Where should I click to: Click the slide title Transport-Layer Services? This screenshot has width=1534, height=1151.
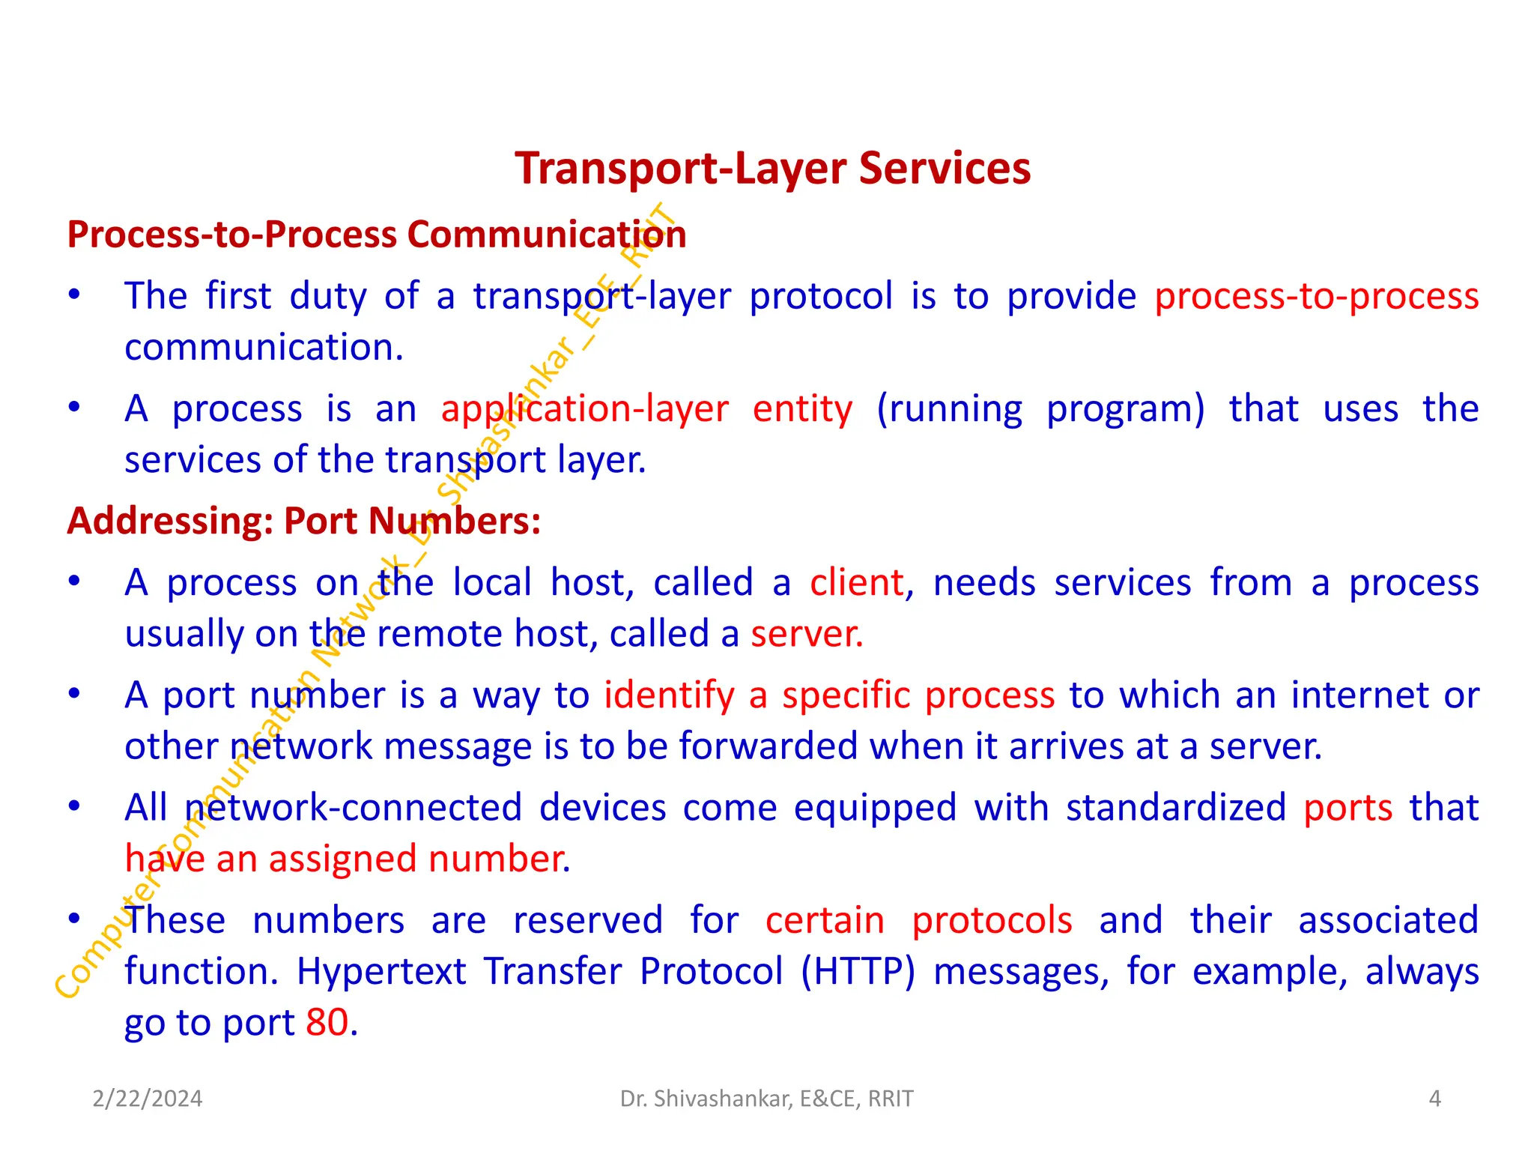tap(772, 169)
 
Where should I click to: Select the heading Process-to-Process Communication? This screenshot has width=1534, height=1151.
tap(377, 235)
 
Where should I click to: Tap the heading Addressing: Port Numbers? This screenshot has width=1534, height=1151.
tap(303, 521)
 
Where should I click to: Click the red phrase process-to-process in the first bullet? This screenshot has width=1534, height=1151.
tap(1316, 297)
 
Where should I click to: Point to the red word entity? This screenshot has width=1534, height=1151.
tap(802, 409)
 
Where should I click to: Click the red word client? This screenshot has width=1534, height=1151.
tap(856, 583)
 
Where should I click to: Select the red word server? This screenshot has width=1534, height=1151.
tap(807, 634)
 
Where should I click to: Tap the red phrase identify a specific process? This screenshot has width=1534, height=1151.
tap(829, 695)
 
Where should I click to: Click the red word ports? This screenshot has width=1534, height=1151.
tap(1347, 808)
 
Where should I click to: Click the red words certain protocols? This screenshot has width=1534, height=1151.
tap(918, 920)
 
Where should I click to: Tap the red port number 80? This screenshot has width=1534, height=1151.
tap(327, 1023)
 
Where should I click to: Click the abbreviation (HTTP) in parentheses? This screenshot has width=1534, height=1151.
tap(858, 972)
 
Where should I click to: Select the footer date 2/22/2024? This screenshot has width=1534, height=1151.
tap(148, 1099)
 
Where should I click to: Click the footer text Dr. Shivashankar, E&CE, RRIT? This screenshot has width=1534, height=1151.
tap(766, 1099)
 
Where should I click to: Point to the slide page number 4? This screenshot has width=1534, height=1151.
tap(1434, 1099)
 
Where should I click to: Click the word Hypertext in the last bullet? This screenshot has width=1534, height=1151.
tap(381, 972)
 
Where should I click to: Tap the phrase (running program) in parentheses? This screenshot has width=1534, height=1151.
tap(1040, 409)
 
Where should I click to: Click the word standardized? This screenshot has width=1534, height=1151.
tap(1175, 808)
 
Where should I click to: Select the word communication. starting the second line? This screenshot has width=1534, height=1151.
tap(264, 348)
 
